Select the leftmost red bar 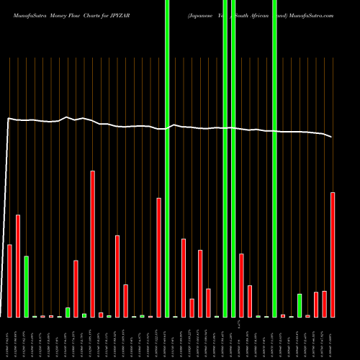[10, 281]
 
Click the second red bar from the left [18, 266]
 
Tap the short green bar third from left [27, 287]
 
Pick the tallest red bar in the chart [93, 243]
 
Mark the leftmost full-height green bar [167, 158]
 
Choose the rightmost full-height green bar [274, 158]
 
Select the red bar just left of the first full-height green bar [158, 257]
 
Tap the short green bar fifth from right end [300, 305]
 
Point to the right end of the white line [332, 137]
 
